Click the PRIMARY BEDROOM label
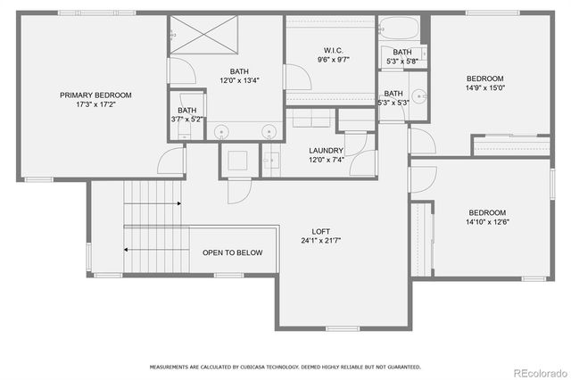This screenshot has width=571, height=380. pyautogui.click(x=95, y=95)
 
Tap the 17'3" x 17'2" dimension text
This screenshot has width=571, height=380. pyautogui.click(x=95, y=104)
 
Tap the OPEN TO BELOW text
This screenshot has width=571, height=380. pyautogui.click(x=232, y=253)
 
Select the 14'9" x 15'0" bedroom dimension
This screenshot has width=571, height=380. pyautogui.click(x=485, y=88)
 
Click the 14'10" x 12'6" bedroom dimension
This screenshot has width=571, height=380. pyautogui.click(x=488, y=222)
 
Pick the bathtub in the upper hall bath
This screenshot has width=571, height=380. pyautogui.click(x=401, y=28)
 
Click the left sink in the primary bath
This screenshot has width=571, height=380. pyautogui.click(x=222, y=132)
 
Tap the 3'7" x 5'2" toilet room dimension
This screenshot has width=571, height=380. pyautogui.click(x=186, y=119)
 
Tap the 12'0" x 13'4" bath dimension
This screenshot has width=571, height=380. pyautogui.click(x=239, y=80)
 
